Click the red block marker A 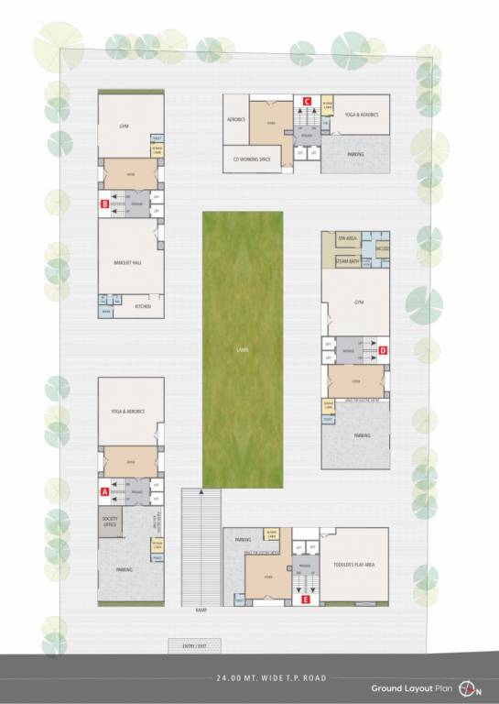(104, 491)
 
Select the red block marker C (308, 101)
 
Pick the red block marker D (384, 350)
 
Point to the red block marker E (306, 599)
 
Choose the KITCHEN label (143, 306)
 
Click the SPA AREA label (347, 237)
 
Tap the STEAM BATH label (347, 261)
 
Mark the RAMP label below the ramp (201, 609)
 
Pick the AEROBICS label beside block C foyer (235, 119)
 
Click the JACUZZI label (383, 249)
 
